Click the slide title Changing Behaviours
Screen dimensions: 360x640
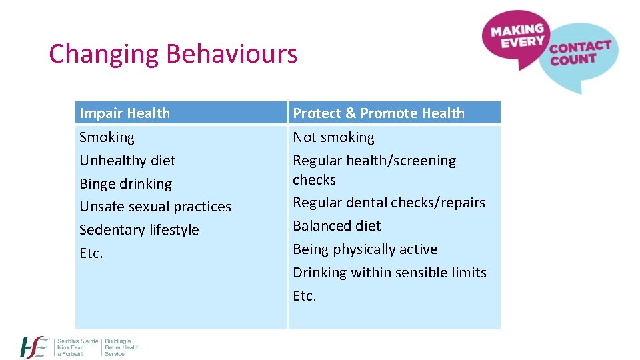[x=173, y=53]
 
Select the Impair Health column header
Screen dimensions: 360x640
[x=125, y=113]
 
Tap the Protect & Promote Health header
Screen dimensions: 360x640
[x=379, y=113]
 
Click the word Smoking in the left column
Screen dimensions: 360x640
[x=107, y=137]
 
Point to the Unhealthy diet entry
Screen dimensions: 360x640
[x=127, y=161]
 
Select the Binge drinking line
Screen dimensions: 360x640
[x=125, y=184]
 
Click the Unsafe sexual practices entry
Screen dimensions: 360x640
[x=155, y=207]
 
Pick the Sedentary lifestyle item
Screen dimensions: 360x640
[x=139, y=230]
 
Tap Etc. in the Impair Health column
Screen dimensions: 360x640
[x=91, y=253]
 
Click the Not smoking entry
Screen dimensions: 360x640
[x=333, y=137]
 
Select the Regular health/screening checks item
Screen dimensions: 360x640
[x=374, y=170]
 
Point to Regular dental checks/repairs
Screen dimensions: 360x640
[x=389, y=203]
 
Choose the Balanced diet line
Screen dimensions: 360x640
[x=337, y=226]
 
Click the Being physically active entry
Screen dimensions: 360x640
[x=365, y=249]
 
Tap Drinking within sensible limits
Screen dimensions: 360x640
[x=389, y=273]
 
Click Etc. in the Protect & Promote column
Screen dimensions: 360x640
[x=305, y=296]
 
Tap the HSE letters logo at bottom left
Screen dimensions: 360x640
[x=35, y=347]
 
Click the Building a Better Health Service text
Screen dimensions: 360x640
[x=121, y=347]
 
